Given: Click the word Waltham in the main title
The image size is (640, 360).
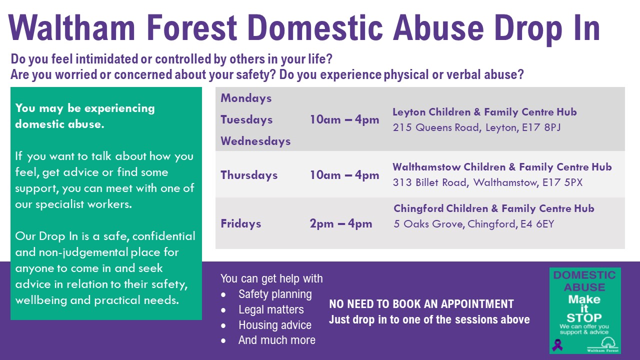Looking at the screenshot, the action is pos(71,27).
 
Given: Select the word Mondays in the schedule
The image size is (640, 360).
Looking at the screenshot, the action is pos(246,98).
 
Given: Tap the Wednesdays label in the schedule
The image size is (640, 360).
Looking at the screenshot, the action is pos(255,141).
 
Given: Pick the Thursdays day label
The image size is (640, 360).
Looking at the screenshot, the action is pos(249,175).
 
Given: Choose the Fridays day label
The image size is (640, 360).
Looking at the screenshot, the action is pos(241,223).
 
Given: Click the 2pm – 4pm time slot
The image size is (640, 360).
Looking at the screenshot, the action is pos(341,223).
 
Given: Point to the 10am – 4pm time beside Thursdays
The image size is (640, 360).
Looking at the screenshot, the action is pos(344,175).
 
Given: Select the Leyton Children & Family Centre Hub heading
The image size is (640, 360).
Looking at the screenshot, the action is pos(484,112).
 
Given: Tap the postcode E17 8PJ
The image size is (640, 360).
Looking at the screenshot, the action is pos(541,127).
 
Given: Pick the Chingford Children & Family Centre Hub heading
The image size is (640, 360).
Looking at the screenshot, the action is pos(493,208).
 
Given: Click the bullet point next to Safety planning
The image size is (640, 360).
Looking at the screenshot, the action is pos(223,295).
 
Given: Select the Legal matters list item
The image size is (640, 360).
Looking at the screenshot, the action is pos(271,309).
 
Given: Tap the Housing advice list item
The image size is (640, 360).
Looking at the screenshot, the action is pos(275,325).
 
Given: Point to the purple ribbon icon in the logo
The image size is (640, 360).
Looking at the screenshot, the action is pos(557,344).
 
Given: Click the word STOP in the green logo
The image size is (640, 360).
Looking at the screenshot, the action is pos(584,317).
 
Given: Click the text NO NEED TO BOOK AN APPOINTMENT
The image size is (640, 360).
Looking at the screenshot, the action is pos(421,304).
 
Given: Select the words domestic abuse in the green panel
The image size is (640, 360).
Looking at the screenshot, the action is pos(59,124).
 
